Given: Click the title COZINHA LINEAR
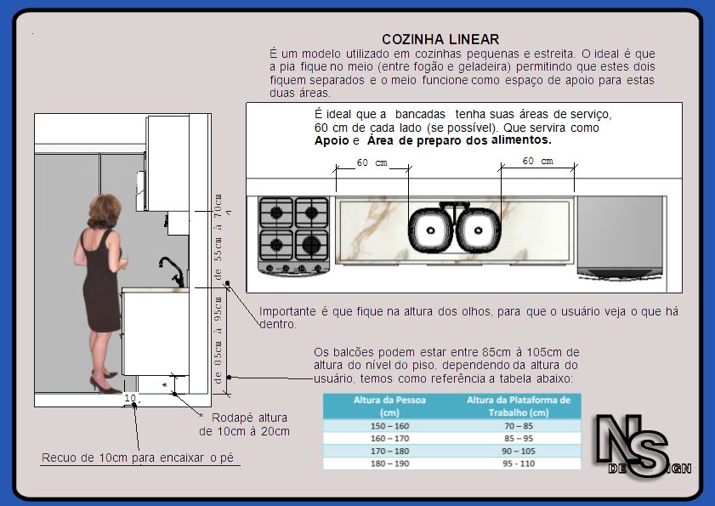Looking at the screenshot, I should (x=440, y=39).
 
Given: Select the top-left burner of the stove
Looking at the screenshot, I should (x=276, y=212).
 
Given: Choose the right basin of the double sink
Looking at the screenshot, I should (x=480, y=230).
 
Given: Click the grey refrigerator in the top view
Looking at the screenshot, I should (x=620, y=236).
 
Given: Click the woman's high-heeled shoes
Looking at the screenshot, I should (x=105, y=386).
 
